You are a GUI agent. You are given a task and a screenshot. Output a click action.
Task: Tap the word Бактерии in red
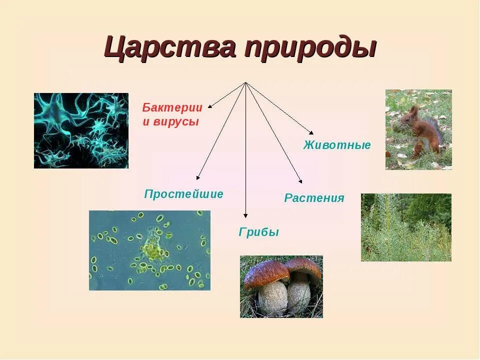[172, 107]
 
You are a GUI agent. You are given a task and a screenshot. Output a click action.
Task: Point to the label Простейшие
[183, 194]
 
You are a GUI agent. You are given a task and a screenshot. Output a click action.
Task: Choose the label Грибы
[258, 232]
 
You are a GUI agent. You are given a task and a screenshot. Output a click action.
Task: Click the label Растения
[314, 198]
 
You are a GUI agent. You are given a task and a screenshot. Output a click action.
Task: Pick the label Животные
[337, 145]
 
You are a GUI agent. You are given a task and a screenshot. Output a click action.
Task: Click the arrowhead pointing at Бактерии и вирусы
[210, 106]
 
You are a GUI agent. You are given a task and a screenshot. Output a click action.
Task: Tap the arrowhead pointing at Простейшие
[198, 177]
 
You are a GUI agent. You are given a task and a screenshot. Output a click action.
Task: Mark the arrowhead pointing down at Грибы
[245, 215]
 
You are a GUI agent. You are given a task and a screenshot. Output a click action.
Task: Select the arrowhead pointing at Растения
[300, 181]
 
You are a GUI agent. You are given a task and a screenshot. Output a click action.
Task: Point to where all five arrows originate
[245, 82]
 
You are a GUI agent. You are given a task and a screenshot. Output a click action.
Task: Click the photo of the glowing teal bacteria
[81, 130]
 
